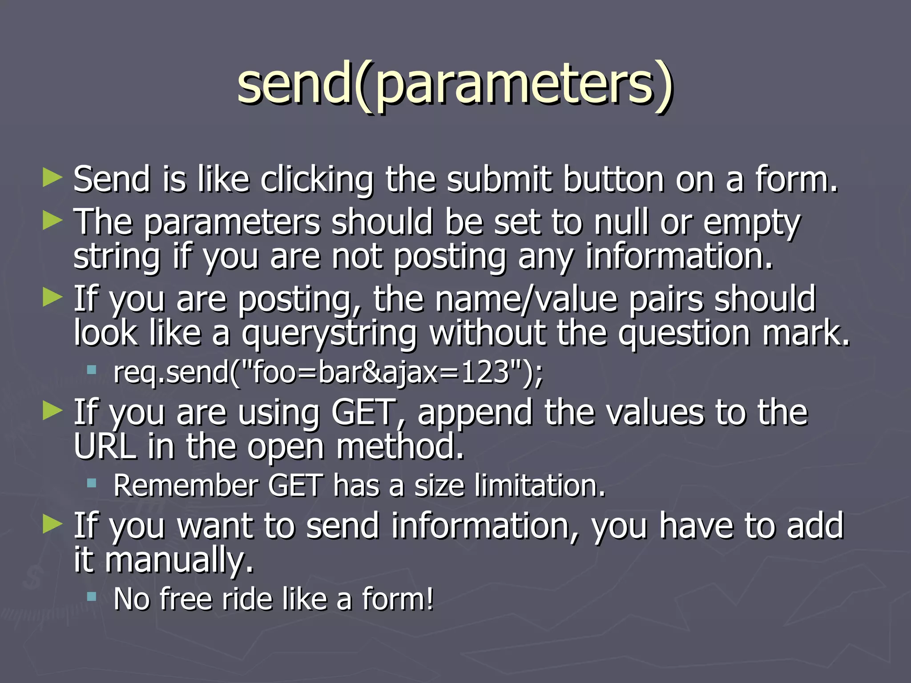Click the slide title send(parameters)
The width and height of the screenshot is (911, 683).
pyautogui.click(x=455, y=84)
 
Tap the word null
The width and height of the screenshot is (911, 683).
pyautogui.click(x=621, y=222)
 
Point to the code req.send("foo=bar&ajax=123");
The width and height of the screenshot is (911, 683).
pyautogui.click(x=328, y=373)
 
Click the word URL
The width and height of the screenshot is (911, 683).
pyautogui.click(x=105, y=446)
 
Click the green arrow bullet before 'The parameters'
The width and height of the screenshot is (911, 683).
pyautogui.click(x=52, y=221)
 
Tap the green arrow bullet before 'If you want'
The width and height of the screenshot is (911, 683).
pyautogui.click(x=52, y=525)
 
